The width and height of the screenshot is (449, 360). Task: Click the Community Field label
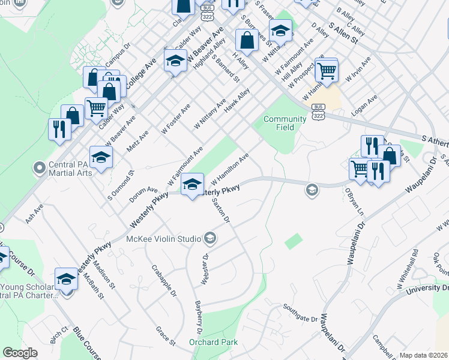click(x=285, y=123)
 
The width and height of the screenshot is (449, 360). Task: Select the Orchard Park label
click(x=213, y=342)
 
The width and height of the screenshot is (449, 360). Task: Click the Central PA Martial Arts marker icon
click(x=40, y=166)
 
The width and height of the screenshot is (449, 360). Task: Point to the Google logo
click(x=20, y=353)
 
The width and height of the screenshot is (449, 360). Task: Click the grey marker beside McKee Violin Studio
click(x=209, y=239)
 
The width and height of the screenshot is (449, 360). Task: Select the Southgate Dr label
click(x=300, y=318)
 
